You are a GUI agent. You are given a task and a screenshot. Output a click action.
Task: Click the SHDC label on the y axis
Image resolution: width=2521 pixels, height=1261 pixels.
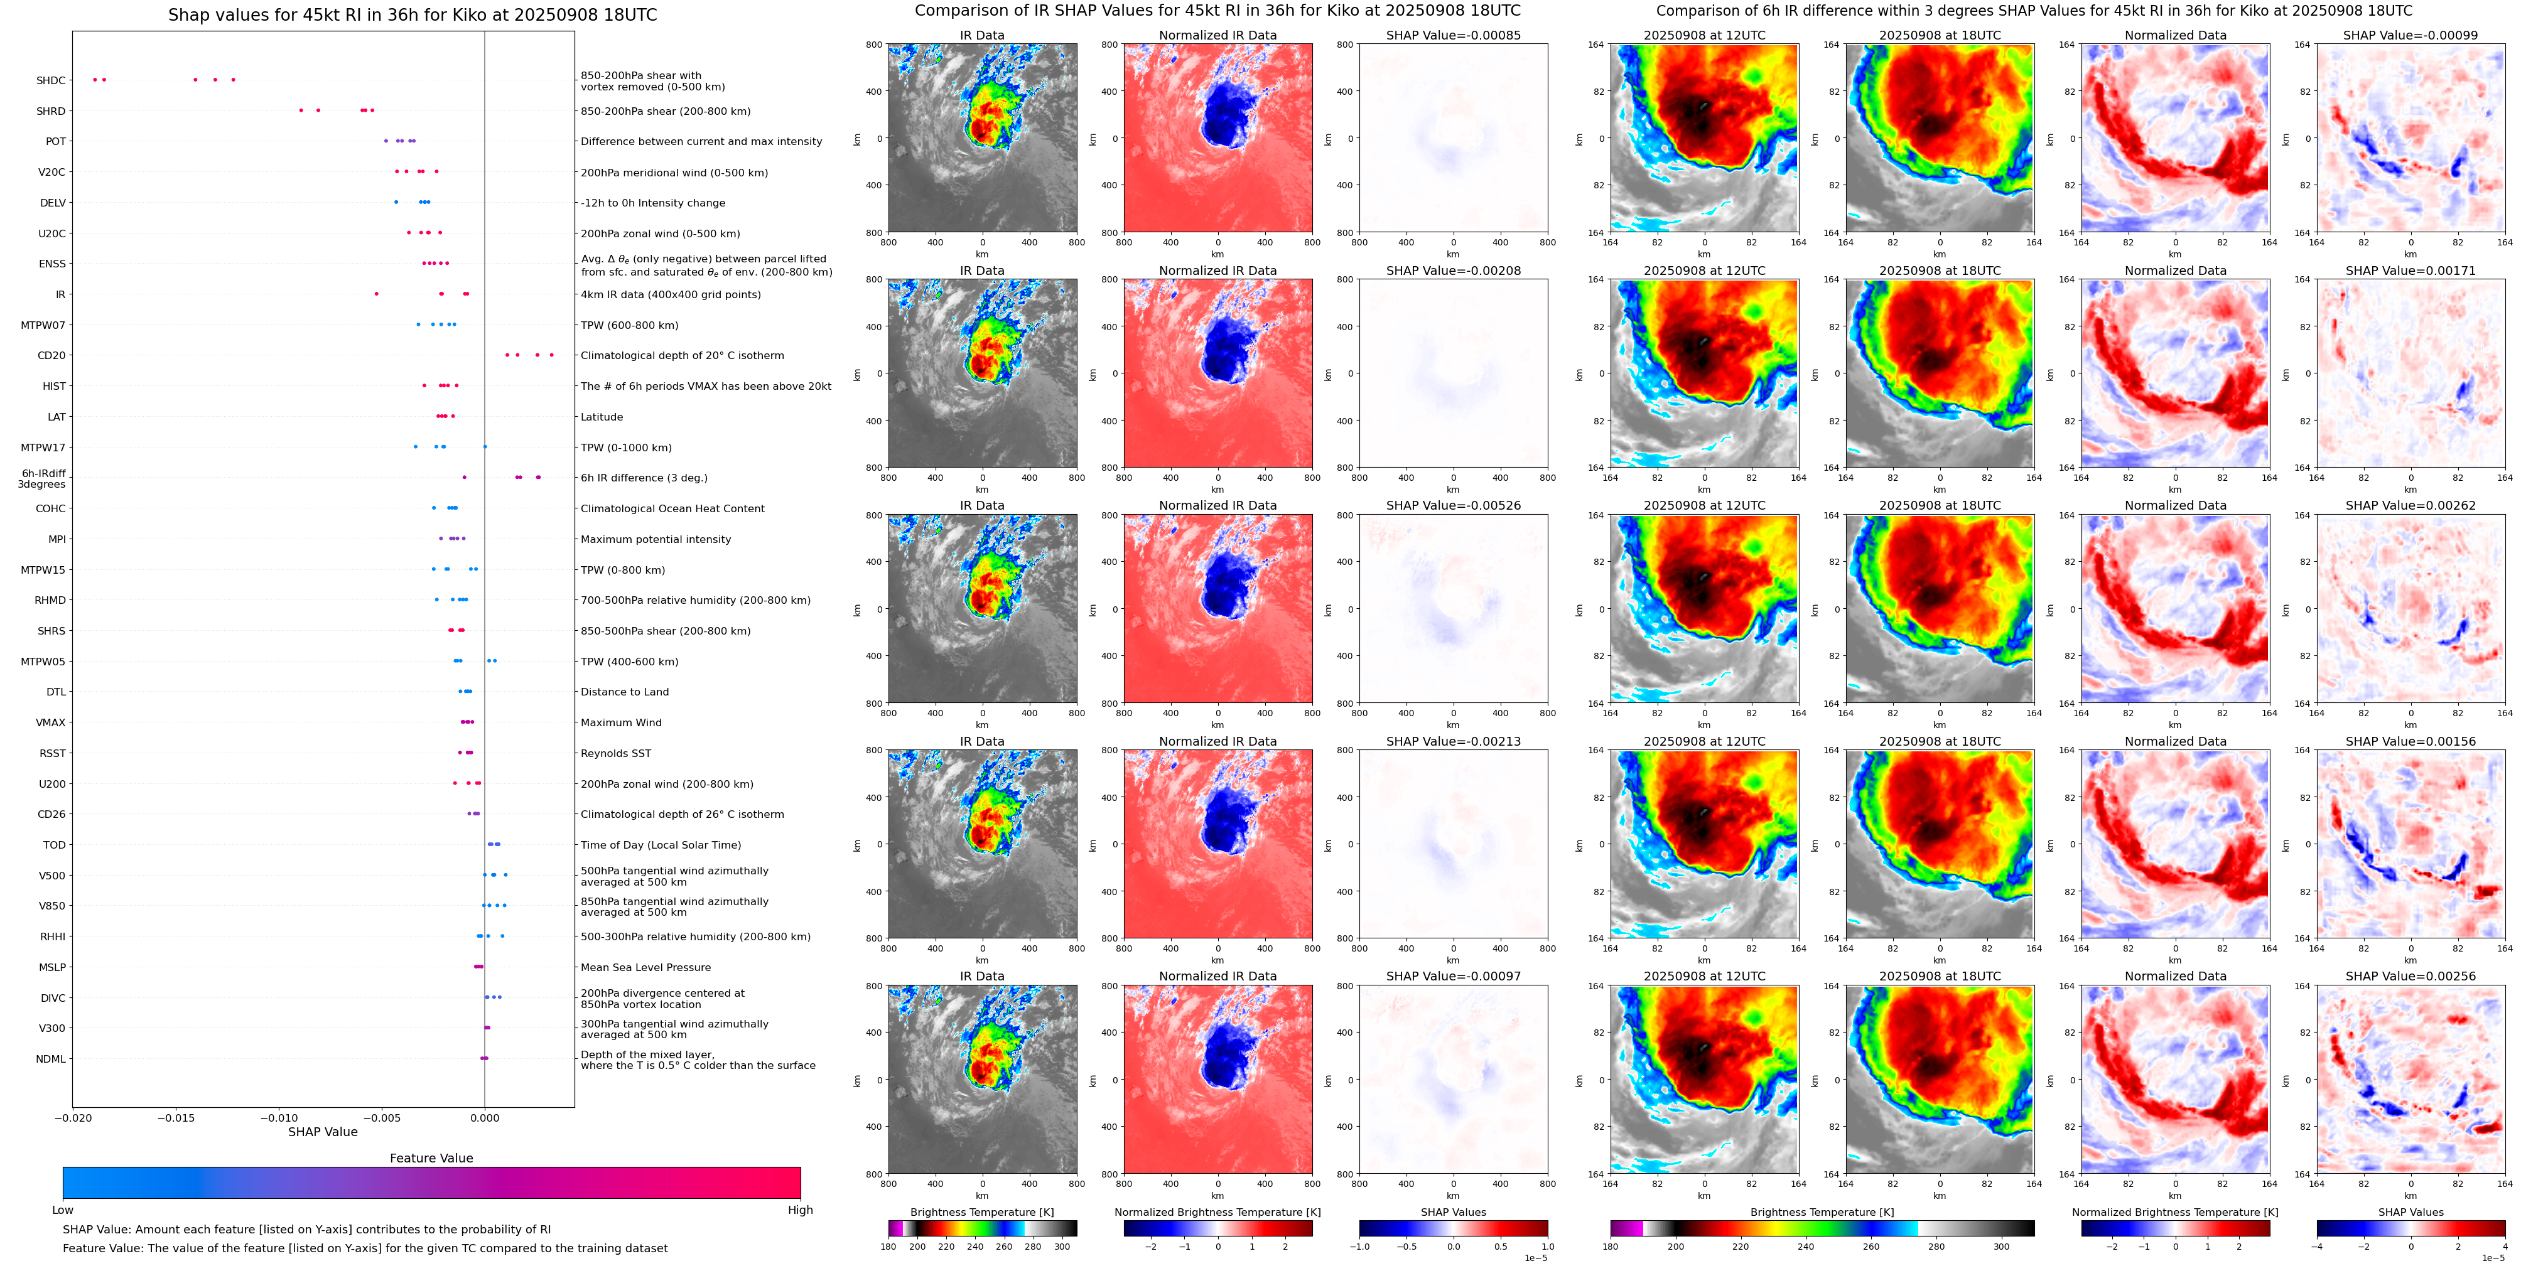point(51,81)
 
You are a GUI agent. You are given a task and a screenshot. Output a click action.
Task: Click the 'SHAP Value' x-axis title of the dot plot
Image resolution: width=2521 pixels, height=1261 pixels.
point(323,1132)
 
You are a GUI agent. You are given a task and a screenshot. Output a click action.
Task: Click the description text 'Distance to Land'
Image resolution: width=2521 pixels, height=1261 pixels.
point(624,692)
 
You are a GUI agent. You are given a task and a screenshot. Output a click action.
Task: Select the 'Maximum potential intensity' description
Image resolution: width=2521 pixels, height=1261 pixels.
point(656,540)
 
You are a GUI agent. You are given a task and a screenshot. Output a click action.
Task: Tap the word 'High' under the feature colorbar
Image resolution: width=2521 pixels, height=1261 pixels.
point(801,1210)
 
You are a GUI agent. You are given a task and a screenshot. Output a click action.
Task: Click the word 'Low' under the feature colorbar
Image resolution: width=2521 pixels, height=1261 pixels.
point(63,1210)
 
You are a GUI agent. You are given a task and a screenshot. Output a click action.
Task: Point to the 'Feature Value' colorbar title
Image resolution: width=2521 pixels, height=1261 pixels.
point(431,1158)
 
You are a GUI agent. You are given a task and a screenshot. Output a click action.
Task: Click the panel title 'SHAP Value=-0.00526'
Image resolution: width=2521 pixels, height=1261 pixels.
point(1454,506)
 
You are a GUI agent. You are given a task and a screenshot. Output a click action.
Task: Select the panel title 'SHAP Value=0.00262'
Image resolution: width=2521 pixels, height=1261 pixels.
point(2410,506)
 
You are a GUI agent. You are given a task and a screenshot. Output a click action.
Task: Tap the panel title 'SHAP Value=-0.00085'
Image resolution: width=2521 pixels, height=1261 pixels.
point(1454,35)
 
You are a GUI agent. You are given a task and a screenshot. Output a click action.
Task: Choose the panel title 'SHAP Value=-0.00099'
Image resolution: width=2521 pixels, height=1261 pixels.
point(2410,35)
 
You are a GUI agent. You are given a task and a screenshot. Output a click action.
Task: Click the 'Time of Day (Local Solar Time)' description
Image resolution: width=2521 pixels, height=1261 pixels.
point(661,845)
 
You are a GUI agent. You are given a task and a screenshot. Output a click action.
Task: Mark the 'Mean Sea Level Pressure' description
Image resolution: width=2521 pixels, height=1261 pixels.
point(646,967)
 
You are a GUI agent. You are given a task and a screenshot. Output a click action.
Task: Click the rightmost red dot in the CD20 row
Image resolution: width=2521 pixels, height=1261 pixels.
point(552,355)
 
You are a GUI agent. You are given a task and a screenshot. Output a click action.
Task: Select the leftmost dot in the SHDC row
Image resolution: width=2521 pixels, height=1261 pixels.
point(95,79)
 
